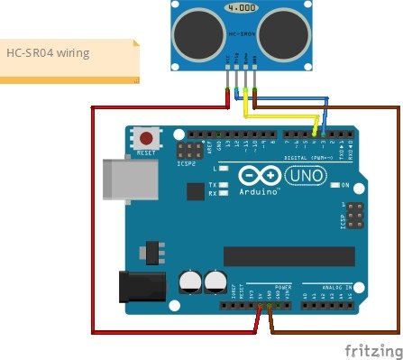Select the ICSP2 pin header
point(189,149)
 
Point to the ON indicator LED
point(334,185)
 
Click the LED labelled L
point(224,169)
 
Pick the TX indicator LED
point(224,184)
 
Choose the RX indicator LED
point(224,193)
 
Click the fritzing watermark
point(371,348)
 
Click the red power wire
point(93,226)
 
